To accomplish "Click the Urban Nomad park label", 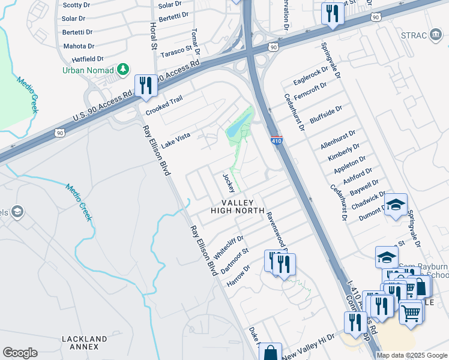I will [88, 70].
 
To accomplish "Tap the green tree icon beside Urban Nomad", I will [124, 70].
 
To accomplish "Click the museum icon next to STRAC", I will [435, 34].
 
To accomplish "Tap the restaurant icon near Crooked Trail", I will [145, 85].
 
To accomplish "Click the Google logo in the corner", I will [20, 353].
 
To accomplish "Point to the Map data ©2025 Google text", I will [412, 355].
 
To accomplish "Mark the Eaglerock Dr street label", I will [311, 75].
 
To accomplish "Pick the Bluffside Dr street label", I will [325, 114].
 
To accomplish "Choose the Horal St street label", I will [153, 37].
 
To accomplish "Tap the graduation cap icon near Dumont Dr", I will [396, 205].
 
